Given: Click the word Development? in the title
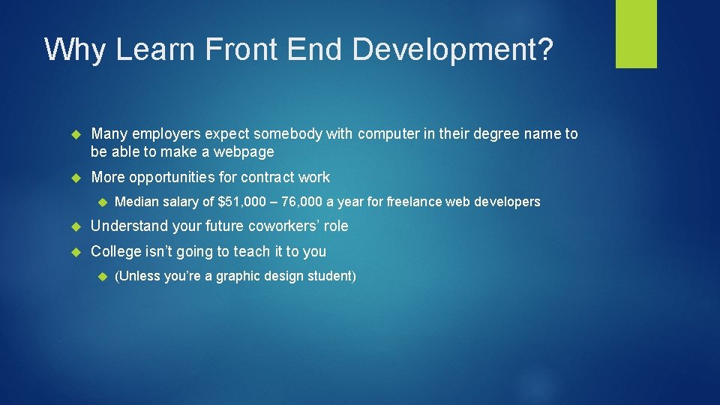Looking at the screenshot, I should coord(454,49).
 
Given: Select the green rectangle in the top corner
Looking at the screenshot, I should coord(636,34).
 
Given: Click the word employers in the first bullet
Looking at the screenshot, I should coord(165,134).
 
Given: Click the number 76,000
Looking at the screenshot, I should coord(301,202).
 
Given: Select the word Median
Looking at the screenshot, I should coord(136,202).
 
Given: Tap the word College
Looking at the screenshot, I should coord(116,251).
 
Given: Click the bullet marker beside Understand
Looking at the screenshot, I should coord(73,226).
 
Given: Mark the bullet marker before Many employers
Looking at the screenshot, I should coord(73,134).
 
